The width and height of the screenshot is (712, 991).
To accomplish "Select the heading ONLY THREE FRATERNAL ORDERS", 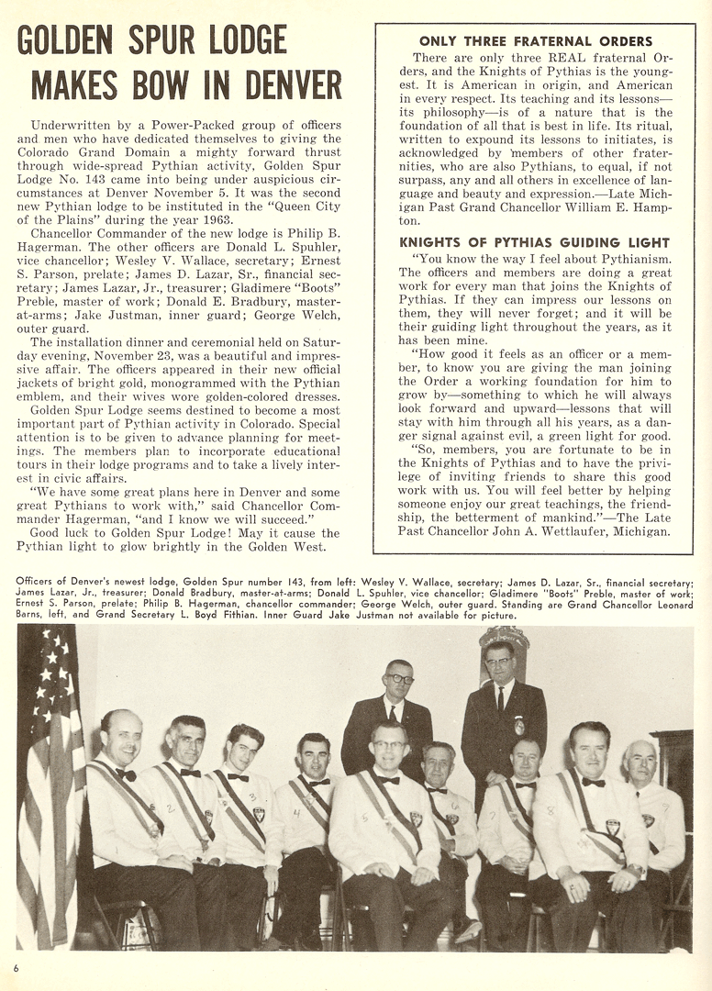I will [536, 41].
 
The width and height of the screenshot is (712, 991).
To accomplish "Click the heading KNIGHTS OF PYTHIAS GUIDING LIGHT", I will [536, 242].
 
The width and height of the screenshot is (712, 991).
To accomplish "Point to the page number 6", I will [17, 967].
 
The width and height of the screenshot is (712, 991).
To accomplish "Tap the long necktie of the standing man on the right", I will [502, 701].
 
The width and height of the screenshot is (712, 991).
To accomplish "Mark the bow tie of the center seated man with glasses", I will [389, 779].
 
